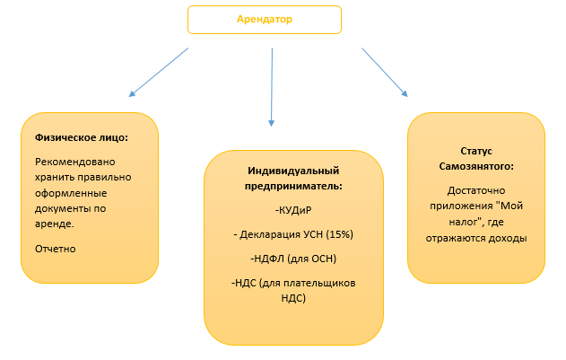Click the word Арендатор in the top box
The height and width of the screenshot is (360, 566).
[x=264, y=18]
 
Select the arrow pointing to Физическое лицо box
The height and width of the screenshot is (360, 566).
[x=160, y=71]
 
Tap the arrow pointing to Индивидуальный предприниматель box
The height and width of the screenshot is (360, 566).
[x=271, y=86]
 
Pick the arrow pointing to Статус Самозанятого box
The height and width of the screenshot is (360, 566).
[x=385, y=72]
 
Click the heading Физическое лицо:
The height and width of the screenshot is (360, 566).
[x=82, y=138]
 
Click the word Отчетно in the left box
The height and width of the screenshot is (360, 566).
[x=56, y=248]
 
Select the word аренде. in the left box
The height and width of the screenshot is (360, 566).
[x=55, y=224]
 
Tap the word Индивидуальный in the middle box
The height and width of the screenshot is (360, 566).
[x=294, y=171]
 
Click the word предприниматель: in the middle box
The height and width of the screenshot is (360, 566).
[x=294, y=186]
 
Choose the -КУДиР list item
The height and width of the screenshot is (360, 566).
[x=294, y=210]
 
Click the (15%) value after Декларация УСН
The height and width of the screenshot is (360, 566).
[x=340, y=234]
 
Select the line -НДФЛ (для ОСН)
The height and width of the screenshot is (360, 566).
[x=294, y=259]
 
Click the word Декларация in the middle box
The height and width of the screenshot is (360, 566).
[x=271, y=234]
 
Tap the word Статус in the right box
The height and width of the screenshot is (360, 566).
[x=475, y=151]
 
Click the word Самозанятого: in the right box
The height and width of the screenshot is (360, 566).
[x=475, y=166]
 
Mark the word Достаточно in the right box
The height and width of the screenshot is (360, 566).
[x=475, y=190]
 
